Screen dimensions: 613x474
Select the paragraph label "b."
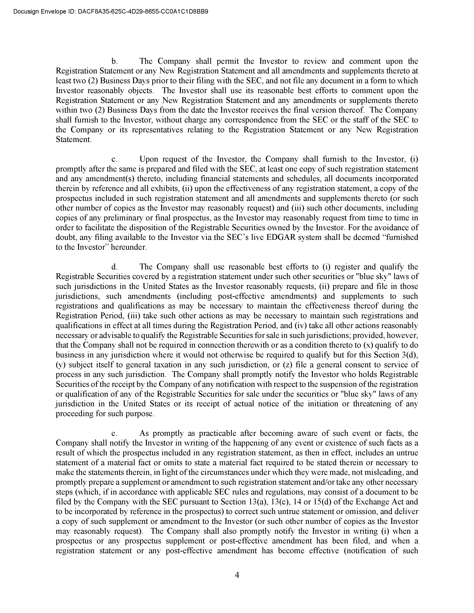(114, 61)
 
